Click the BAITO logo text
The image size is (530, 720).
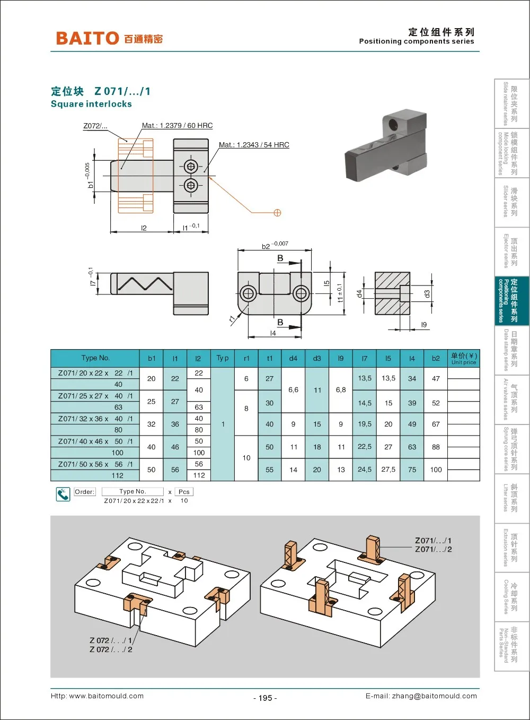click(87, 38)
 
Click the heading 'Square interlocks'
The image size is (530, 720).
click(91, 104)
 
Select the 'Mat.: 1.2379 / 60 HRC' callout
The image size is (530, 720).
click(177, 126)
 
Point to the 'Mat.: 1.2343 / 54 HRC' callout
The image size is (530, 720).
click(254, 145)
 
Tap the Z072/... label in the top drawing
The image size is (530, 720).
click(95, 126)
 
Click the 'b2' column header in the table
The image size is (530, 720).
click(436, 358)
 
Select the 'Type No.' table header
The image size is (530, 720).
click(95, 358)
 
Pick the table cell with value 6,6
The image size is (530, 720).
click(293, 390)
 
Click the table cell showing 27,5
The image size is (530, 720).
click(388, 470)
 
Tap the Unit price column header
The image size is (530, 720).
click(464, 359)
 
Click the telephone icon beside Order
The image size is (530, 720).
click(63, 495)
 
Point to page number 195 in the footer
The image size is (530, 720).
click(265, 698)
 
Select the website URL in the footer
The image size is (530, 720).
click(97, 696)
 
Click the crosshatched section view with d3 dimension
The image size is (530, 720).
click(392, 293)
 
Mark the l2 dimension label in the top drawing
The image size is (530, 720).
click(144, 228)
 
